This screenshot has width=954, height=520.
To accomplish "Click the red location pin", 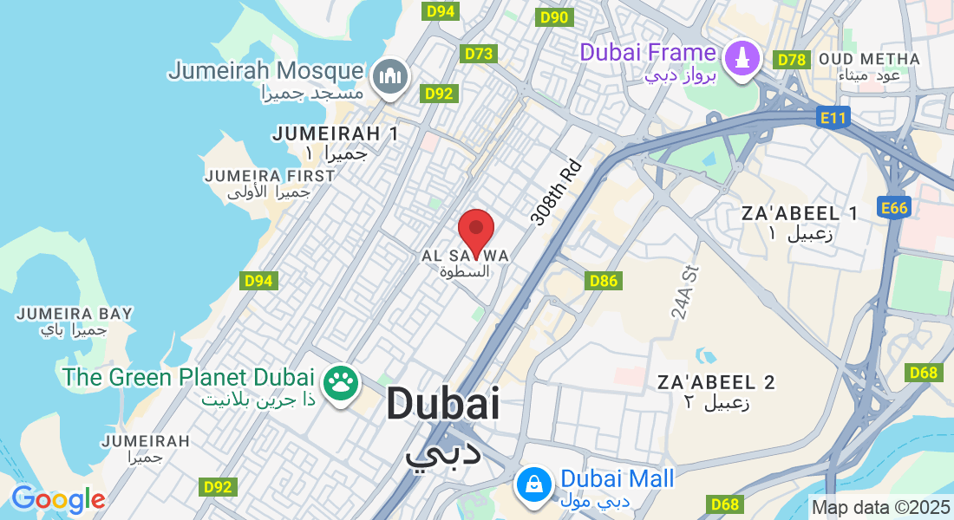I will [x=475, y=229].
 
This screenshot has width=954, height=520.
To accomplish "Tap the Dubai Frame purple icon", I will [x=742, y=59].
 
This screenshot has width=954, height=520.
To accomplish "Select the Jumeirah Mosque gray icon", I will [x=390, y=76].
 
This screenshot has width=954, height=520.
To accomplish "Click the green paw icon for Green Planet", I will [x=341, y=382].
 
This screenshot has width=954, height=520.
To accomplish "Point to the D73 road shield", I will [x=479, y=54].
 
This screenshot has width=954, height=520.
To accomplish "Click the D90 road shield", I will [x=553, y=17].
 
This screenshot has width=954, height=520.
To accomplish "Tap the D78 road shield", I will [x=792, y=59].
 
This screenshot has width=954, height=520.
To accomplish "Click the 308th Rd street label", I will [x=556, y=192].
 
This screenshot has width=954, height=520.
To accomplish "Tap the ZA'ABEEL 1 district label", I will [x=800, y=213].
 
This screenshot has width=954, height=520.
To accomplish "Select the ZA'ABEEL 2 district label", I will [x=716, y=382].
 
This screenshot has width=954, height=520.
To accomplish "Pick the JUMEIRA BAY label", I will [x=75, y=313].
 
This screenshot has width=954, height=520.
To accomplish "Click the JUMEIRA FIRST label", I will [x=269, y=176].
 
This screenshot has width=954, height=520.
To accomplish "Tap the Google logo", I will [x=58, y=499].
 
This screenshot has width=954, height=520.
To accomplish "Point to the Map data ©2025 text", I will [x=880, y=507].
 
